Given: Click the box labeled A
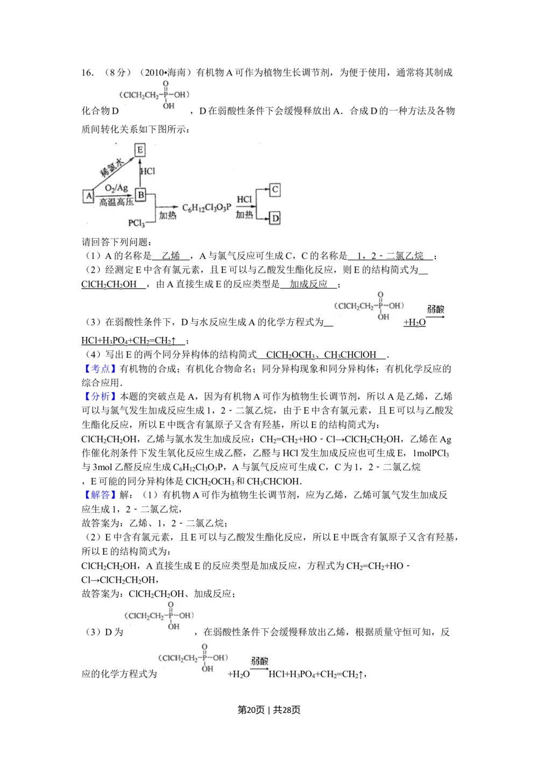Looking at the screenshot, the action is point(89,196).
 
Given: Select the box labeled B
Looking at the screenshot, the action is point(140,195).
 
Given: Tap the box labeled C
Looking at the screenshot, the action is point(275,190).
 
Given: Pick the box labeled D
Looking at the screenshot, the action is point(275,218).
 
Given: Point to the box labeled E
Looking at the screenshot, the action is point(140,150).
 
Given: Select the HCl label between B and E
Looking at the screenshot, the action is point(147,171).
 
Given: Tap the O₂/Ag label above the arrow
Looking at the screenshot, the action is point(116,187).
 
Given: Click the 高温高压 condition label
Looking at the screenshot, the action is point(116,203).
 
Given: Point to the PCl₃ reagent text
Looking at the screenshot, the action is point(137,223).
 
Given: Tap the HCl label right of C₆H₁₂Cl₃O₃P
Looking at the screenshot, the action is point(244,199).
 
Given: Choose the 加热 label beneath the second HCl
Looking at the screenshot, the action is point(244,215).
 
